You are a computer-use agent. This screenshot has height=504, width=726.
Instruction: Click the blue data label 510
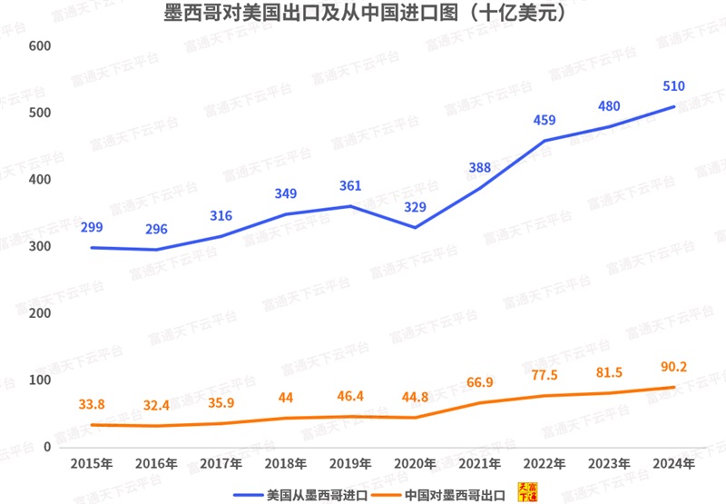click(673, 87)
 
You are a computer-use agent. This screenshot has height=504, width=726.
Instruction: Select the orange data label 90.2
click(673, 368)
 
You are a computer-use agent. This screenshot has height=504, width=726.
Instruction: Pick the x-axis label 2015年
click(91, 463)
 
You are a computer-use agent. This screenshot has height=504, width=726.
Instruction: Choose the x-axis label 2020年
click(415, 463)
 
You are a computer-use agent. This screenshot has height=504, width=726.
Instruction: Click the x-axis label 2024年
click(673, 463)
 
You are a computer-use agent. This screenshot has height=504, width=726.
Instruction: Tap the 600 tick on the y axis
click(41, 46)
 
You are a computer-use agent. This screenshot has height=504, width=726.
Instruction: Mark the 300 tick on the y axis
click(41, 247)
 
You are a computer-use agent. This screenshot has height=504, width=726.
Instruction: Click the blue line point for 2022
click(544, 141)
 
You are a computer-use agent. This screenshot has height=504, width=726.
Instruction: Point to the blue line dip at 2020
click(415, 227)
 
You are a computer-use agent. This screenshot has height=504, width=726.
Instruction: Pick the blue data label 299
click(91, 228)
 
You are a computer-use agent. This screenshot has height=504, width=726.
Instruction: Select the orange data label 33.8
click(91, 405)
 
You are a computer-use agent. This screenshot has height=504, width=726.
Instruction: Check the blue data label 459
click(544, 120)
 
